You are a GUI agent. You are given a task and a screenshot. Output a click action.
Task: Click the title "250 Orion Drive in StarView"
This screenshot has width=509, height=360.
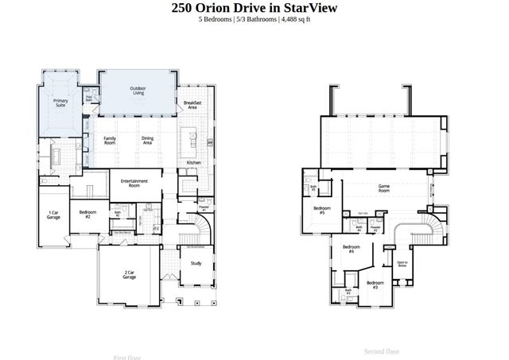tap(254, 8)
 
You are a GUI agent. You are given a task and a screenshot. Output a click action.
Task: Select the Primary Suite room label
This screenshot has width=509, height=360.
tap(60, 103)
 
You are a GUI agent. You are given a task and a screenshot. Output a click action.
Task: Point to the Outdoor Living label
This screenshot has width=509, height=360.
tap(138, 91)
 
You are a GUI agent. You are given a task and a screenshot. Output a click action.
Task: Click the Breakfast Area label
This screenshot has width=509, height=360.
tap(192, 104)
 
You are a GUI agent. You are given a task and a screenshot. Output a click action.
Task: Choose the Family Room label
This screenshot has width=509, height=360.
tap(110, 140)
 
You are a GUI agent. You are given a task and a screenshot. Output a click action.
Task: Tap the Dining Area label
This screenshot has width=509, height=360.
tap(147, 140)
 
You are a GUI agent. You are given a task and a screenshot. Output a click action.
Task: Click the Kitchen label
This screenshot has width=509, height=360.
tap(193, 162)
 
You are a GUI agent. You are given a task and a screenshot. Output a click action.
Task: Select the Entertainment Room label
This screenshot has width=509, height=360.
tap(135, 183)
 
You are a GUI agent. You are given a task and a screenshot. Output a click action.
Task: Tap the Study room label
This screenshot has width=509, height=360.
tap(196, 263)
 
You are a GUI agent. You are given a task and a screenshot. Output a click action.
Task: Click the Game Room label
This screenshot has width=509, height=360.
tap(384, 189)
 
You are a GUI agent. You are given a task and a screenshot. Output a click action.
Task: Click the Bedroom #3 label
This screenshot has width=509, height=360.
tap(375, 284)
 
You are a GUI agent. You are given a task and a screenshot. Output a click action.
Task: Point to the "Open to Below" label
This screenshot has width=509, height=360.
tap(402, 264)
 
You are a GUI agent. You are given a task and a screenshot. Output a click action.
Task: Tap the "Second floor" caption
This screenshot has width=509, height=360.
tap(382, 350)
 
